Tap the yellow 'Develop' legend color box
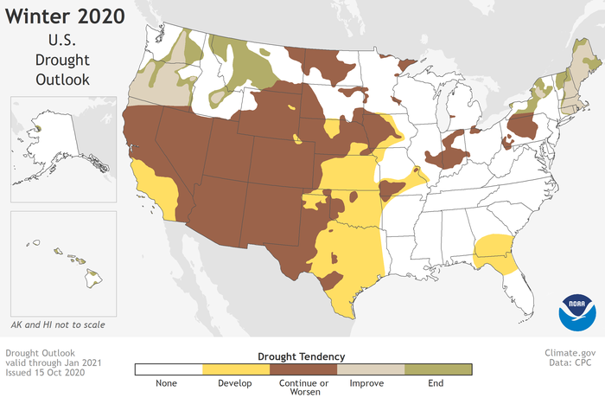(x=235, y=369)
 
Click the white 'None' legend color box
(x=168, y=369)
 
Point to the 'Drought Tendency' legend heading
(x=302, y=356)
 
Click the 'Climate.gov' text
(x=570, y=354)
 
